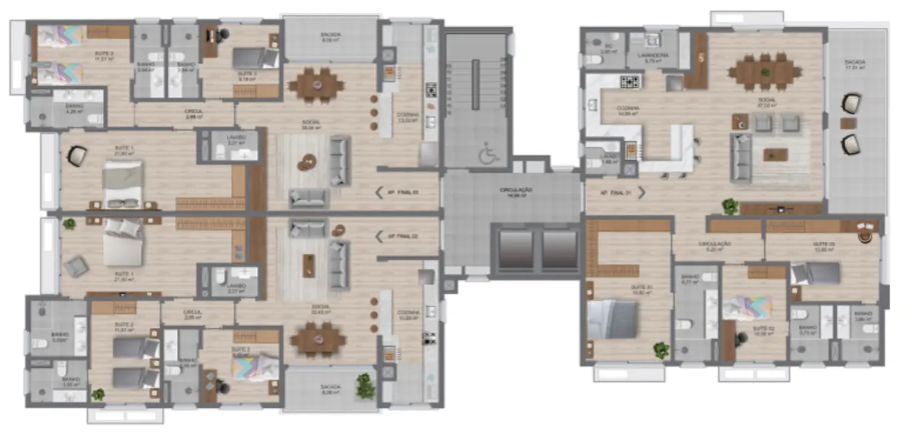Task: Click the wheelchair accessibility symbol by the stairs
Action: (488, 156)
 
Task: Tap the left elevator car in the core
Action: (516, 250)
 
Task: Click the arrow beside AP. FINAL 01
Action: (642, 193)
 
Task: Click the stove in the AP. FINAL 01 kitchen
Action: (629, 82)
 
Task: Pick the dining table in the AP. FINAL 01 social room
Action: (765, 70)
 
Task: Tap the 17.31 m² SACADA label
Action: (854, 63)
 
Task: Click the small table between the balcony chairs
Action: (847, 123)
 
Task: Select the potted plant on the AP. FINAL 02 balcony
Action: (364, 386)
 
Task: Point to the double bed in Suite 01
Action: (612, 319)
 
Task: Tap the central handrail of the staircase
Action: (476, 84)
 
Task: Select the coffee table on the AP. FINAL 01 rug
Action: (775, 155)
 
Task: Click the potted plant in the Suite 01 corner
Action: (661, 349)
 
